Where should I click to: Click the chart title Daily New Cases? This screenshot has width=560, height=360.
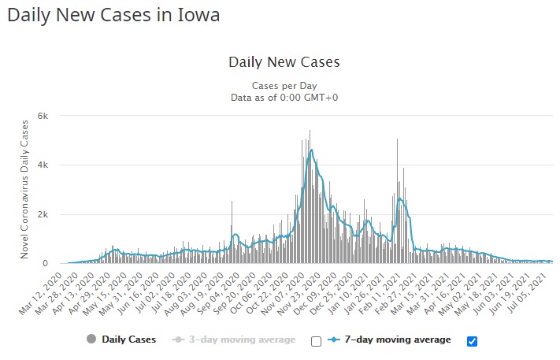pos(284,61)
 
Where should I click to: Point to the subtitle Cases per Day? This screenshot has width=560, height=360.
pos(284,85)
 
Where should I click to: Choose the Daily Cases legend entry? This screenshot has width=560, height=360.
pos(128,340)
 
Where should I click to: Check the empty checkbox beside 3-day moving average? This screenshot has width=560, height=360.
pos(316,341)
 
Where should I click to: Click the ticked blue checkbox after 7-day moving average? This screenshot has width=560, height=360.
pos(472,341)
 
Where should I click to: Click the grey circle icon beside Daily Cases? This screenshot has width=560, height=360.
pos(91,340)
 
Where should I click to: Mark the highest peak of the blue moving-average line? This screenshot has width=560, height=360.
pos(312,150)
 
